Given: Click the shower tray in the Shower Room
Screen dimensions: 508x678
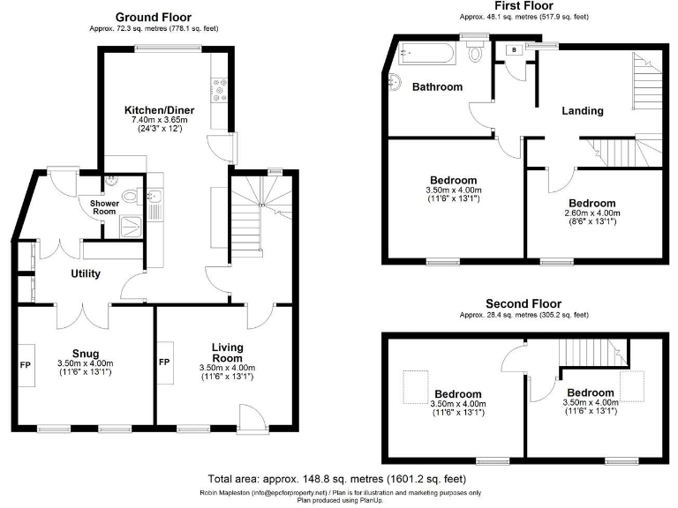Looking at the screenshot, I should point(132,227).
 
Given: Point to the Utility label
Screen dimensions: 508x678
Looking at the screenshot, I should point(87,273).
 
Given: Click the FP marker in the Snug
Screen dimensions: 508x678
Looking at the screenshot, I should point(25,362).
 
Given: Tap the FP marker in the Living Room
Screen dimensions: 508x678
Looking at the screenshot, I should point(164,362).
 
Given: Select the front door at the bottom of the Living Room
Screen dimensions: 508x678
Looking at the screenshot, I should point(251,415).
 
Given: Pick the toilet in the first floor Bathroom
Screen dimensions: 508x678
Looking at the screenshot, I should point(476,55).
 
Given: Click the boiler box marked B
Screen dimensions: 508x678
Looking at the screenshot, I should point(514,51).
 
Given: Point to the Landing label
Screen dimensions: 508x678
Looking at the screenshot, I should point(583,111).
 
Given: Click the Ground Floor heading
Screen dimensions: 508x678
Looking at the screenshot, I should point(154,17).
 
